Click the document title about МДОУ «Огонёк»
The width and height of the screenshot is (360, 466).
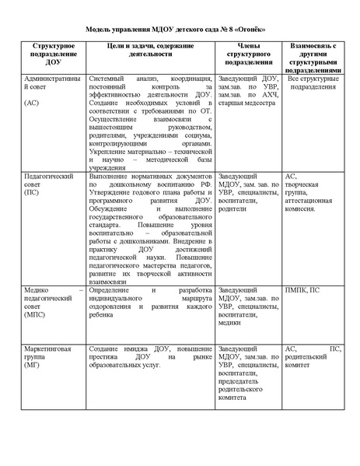pyautogui.click(x=180, y=30)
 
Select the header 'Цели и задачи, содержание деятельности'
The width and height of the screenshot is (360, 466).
pyautogui.click(x=147, y=51)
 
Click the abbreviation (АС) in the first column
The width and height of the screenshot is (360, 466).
pyautogui.click(x=33, y=103)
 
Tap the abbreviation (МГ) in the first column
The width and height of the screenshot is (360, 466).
pyautogui.click(x=33, y=364)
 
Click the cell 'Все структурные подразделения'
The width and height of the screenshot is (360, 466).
pyautogui.click(x=313, y=83)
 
